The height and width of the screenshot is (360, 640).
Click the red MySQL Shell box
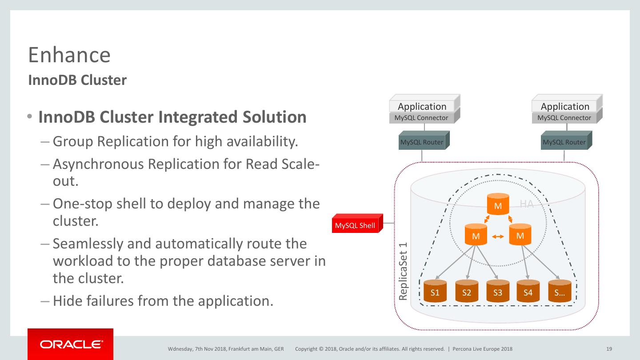tap(355, 225)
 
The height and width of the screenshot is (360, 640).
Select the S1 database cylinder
tap(435, 291)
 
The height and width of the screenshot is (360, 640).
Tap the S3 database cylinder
tap(498, 291)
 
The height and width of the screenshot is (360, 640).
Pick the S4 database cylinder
tap(528, 291)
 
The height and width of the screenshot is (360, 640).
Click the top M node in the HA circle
tap(498, 204)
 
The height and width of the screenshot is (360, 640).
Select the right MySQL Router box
tap(564, 142)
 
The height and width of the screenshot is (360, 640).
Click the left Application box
tap(422, 106)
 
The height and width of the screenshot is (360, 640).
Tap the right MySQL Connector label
tap(564, 118)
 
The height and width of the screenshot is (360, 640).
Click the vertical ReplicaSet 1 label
tap(403, 271)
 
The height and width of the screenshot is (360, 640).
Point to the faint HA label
tap(527, 204)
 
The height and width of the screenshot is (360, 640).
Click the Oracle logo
tap(71, 344)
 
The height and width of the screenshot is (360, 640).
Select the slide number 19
tap(609, 349)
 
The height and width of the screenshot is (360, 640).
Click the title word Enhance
tap(69, 55)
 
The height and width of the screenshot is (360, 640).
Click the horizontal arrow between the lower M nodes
tap(498, 236)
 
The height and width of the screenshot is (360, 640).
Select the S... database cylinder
tap(560, 291)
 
